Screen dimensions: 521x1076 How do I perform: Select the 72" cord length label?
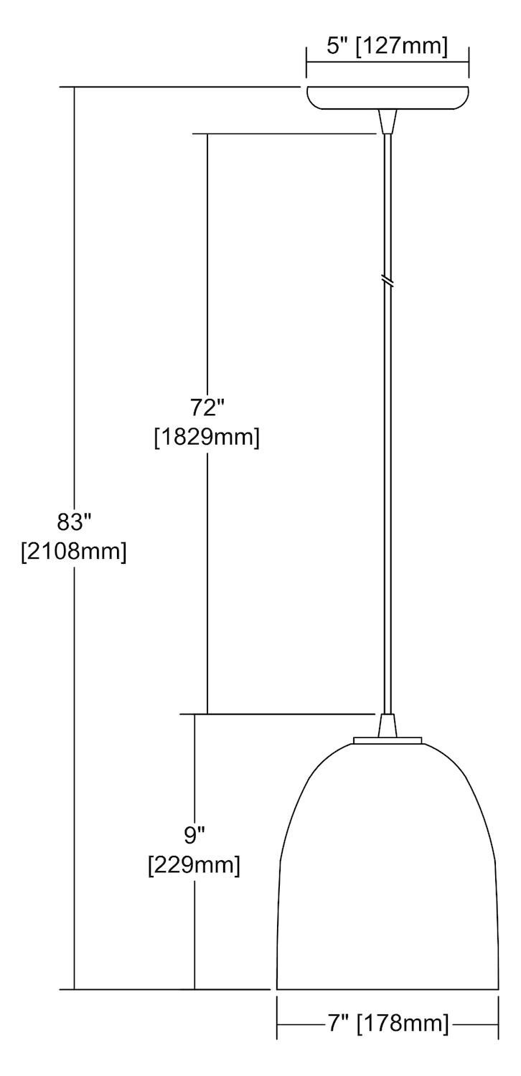point(207,408)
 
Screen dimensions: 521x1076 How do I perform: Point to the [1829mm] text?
point(207,438)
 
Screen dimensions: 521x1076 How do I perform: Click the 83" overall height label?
point(74,522)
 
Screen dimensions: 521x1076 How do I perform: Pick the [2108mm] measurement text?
point(74,552)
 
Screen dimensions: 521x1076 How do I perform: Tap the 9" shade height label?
point(194,836)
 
